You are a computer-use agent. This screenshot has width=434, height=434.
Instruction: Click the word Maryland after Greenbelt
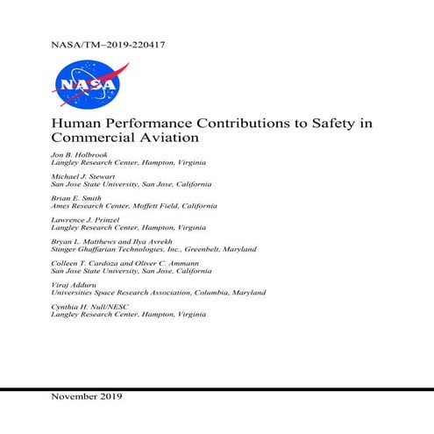point(237,250)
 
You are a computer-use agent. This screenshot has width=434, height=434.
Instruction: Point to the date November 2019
point(88,396)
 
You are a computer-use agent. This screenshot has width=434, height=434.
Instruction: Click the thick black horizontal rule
point(217,387)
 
